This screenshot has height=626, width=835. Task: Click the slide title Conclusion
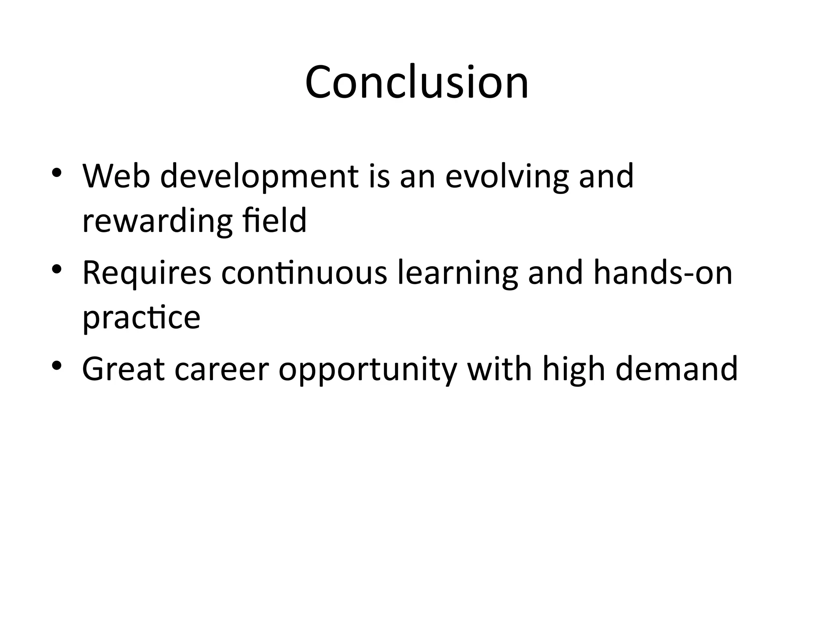pyautogui.click(x=417, y=82)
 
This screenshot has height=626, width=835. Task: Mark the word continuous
pyautogui.click(x=304, y=273)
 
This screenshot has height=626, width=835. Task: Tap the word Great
pyautogui.click(x=124, y=369)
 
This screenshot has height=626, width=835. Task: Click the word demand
pyautogui.click(x=676, y=369)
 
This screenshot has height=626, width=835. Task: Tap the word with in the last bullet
pyautogui.click(x=499, y=369)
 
